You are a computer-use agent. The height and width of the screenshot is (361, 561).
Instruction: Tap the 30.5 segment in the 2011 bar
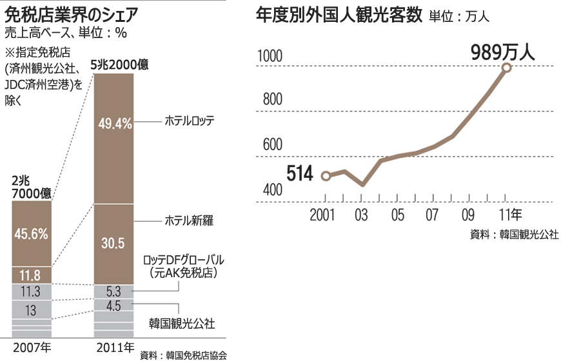pyautogui.click(x=113, y=244)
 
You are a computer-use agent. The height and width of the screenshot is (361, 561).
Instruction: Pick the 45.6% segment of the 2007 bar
pyautogui.click(x=32, y=233)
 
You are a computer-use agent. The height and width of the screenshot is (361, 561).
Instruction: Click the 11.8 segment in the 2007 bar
pyautogui.click(x=32, y=275)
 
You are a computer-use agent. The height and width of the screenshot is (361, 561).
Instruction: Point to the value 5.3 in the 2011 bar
pyautogui.click(x=113, y=291)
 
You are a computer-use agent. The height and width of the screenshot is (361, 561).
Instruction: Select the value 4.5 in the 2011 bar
pyautogui.click(x=113, y=306)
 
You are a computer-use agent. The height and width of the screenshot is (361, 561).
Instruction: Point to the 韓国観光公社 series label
pyautogui.click(x=182, y=323)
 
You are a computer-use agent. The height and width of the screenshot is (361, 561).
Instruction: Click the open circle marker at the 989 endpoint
pyautogui.click(x=506, y=67)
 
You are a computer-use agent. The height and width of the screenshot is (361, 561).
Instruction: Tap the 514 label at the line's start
pyautogui.click(x=300, y=173)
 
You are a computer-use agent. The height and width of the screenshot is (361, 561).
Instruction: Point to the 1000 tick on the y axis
pyautogui.click(x=270, y=57)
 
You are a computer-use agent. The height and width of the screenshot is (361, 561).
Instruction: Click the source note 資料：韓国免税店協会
pyautogui.click(x=183, y=354)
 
